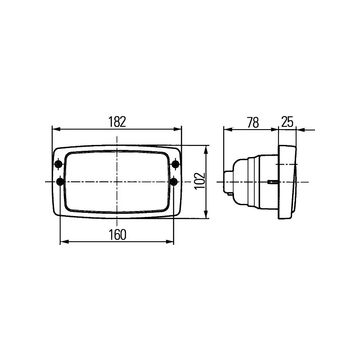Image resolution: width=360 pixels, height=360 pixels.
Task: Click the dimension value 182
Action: coord(117,122)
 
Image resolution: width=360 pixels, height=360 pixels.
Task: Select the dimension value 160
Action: coord(117,234)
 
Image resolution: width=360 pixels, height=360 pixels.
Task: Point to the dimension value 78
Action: coord(253,122)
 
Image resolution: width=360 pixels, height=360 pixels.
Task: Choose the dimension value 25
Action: coord(287,122)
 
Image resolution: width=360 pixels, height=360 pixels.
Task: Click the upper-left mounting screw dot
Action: coord(58,164)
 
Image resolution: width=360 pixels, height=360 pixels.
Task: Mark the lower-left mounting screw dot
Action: coord(60,181)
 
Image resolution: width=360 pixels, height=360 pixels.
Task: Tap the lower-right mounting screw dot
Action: coord(174,181)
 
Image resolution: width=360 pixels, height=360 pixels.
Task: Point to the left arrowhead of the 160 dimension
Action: coord(63,242)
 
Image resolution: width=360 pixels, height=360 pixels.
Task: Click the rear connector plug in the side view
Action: coord(229,182)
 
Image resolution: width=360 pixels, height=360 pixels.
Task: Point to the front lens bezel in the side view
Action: coord(288,182)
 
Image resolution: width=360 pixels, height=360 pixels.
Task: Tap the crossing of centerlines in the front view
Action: coord(117,182)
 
